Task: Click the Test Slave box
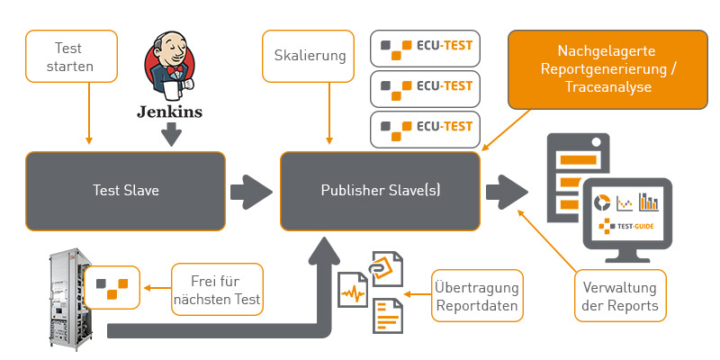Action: click(125, 191)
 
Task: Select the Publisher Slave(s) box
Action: click(381, 191)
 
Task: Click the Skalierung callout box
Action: click(310, 55)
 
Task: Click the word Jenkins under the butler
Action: click(169, 112)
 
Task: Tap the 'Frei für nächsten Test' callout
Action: click(217, 289)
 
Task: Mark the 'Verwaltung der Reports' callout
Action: click(620, 296)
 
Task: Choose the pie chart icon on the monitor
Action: click(603, 202)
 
